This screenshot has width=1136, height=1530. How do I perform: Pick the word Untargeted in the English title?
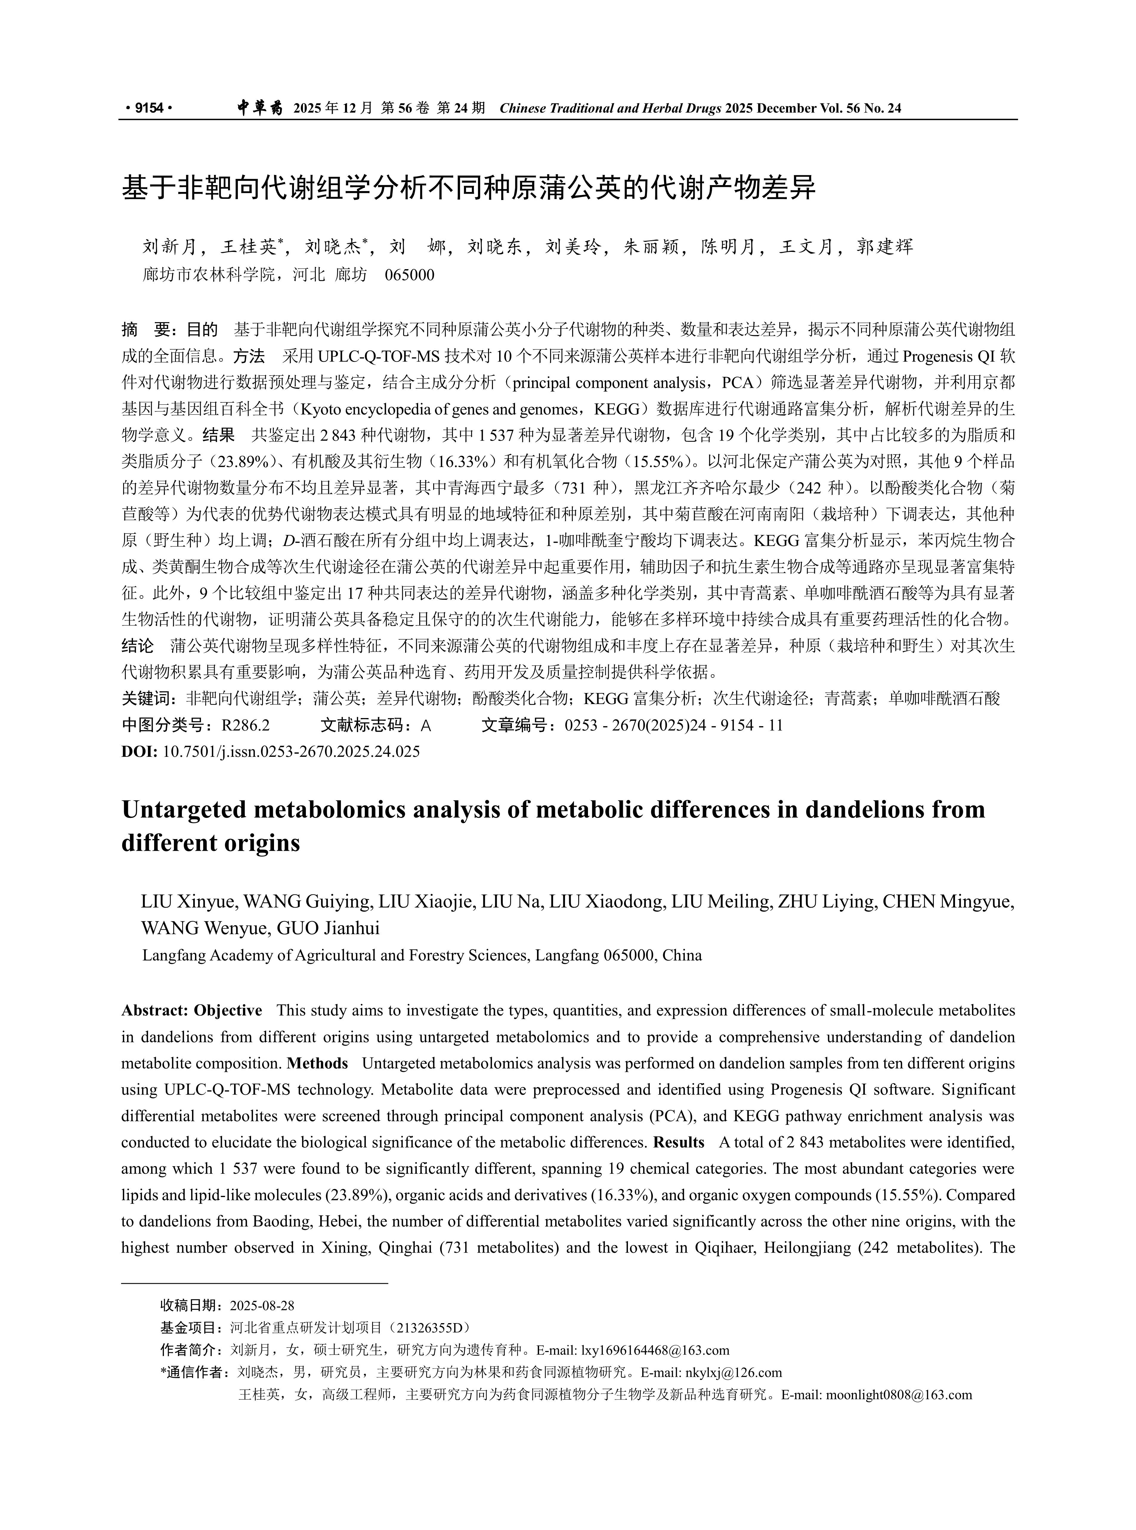click(184, 810)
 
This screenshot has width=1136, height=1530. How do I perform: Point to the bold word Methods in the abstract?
click(317, 1063)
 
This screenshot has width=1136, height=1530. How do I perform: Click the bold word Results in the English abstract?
click(679, 1142)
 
